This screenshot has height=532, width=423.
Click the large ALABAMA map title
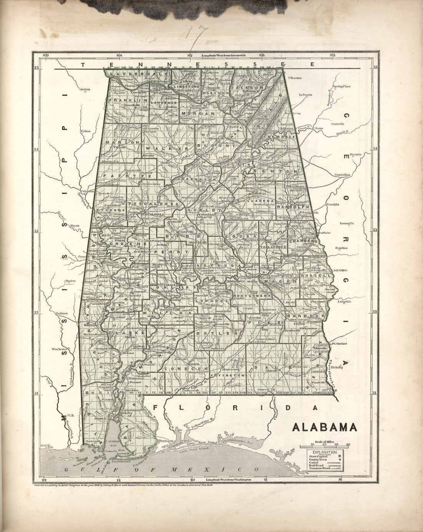click(x=325, y=427)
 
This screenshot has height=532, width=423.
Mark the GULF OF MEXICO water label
click(x=161, y=470)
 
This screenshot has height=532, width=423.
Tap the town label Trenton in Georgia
click(x=296, y=78)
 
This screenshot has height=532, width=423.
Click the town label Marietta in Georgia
click(x=355, y=154)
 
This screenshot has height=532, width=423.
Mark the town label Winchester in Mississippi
click(x=60, y=349)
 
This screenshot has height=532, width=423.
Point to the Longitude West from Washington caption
click(x=228, y=480)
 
